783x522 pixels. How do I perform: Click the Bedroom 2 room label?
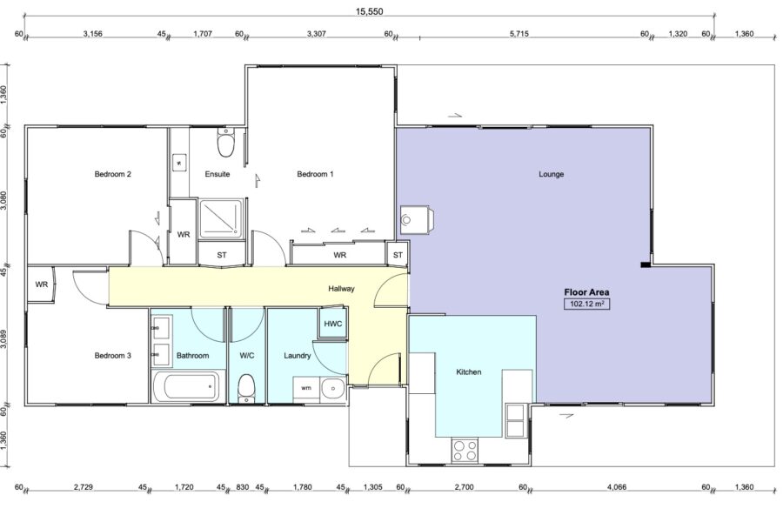click(113, 174)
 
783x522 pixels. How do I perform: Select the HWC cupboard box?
click(332, 323)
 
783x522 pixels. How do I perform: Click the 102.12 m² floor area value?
click(586, 304)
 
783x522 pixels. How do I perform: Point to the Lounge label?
click(552, 174)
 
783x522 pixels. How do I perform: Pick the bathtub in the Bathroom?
click(188, 386)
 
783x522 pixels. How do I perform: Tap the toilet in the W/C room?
click(247, 388)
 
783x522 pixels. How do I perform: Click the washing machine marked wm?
click(306, 388)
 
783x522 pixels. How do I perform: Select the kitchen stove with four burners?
click(465, 450)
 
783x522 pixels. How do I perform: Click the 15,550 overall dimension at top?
click(369, 11)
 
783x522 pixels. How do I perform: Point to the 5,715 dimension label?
click(519, 34)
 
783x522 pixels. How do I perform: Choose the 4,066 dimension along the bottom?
click(617, 486)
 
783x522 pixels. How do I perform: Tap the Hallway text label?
click(342, 288)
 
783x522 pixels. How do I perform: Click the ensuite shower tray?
click(220, 219)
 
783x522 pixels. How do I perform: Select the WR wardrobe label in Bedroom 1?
click(339, 255)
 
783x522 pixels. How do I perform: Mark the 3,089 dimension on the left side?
click(4, 339)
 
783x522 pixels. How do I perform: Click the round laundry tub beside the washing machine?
click(332, 388)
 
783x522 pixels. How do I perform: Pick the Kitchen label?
click(469, 371)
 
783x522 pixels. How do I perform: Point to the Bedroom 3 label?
click(113, 355)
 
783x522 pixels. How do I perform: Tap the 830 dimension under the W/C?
click(242, 486)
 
